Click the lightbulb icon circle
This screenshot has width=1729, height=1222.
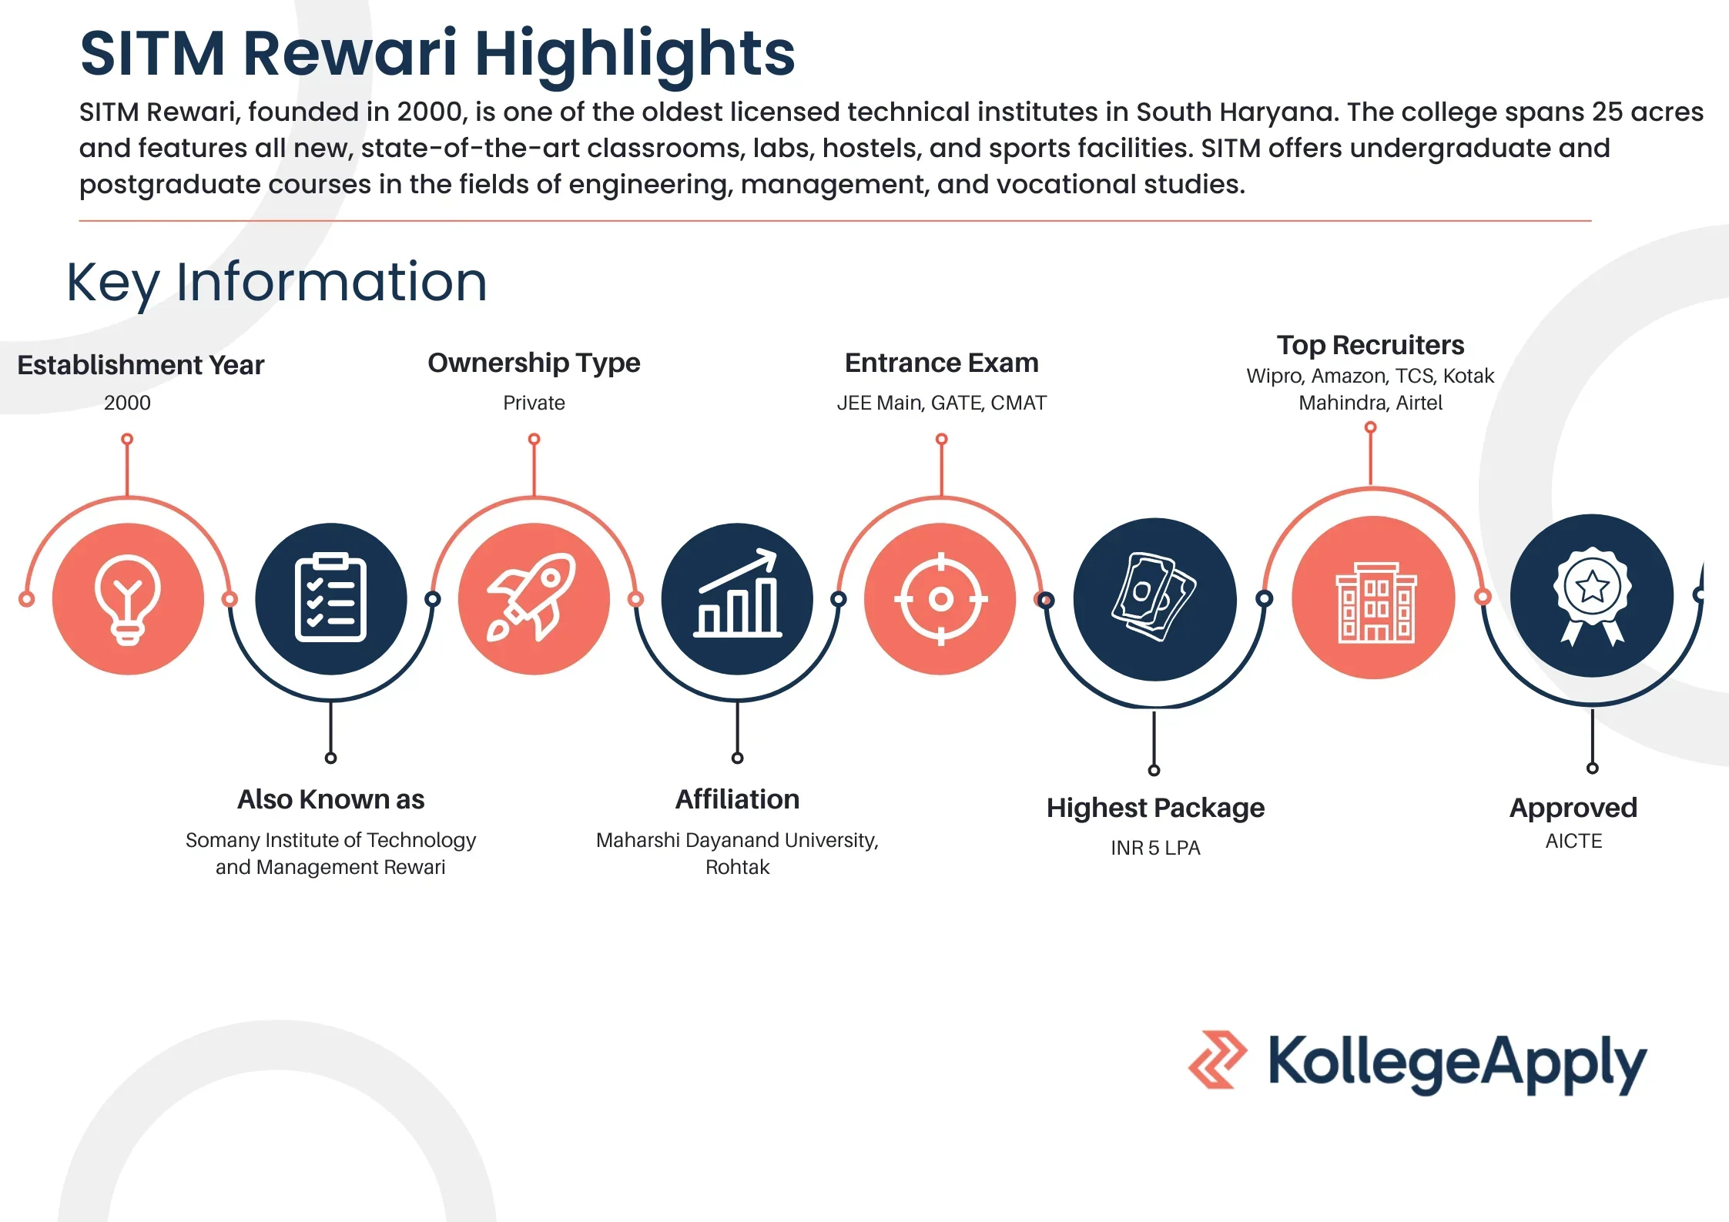[x=128, y=599]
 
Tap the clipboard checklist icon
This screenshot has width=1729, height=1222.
[x=330, y=598]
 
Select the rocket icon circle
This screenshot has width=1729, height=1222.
[x=534, y=599]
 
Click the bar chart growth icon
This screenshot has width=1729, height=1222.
[x=737, y=593]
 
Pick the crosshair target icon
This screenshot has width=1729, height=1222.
[x=940, y=599]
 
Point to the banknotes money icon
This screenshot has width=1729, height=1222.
[x=1154, y=597]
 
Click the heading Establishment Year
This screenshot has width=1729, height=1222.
[x=141, y=365]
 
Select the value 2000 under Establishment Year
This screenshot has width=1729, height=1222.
[x=127, y=403]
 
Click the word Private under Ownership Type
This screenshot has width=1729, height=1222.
[x=534, y=403]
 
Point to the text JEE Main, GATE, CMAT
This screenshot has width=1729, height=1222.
[x=941, y=403]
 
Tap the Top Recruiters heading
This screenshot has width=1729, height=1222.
[x=1370, y=345]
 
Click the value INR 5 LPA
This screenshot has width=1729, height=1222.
[x=1155, y=848]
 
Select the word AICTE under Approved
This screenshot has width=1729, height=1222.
[x=1573, y=841]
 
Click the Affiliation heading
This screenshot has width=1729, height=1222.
[x=737, y=799]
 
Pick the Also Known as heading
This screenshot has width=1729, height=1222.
[x=330, y=799]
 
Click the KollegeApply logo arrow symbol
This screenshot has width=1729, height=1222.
[x=1217, y=1060]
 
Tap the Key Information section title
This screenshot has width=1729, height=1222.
[x=277, y=283]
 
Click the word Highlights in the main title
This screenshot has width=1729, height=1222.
[x=635, y=54]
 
